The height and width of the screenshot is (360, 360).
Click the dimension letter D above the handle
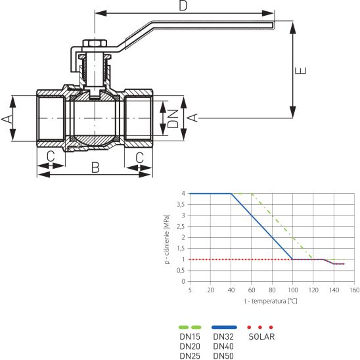point(183,6)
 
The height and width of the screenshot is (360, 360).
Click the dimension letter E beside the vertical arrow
point(300,71)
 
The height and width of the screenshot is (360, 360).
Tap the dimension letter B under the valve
point(95,168)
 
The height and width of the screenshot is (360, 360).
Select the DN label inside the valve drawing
point(173,118)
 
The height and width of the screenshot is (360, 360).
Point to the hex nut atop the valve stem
point(95,43)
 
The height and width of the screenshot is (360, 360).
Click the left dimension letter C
point(51,156)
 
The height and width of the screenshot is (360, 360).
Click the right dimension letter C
point(139,158)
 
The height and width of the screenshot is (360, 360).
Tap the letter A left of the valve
point(7,119)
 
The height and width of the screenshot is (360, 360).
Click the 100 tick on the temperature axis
point(293,290)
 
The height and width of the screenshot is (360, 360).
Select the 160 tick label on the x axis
point(355,290)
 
